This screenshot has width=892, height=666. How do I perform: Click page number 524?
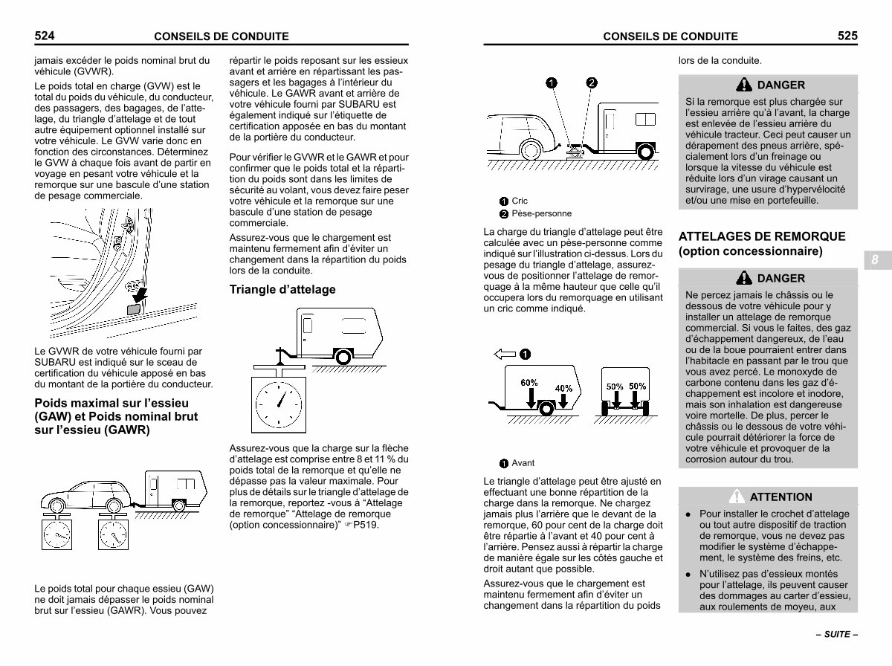(x=45, y=36)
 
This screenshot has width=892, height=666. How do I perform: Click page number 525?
(x=847, y=36)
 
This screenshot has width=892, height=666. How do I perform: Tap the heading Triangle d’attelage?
(x=282, y=289)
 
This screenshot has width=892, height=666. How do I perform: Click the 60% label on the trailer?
(x=529, y=382)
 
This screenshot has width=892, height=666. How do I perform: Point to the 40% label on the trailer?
(x=563, y=389)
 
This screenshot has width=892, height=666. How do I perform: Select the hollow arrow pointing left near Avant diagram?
(x=504, y=355)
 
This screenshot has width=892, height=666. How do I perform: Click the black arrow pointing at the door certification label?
(x=140, y=294)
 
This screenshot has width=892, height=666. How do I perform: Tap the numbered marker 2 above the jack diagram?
(x=591, y=83)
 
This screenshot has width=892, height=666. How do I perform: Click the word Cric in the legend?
(x=520, y=201)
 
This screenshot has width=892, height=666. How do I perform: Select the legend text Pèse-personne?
(x=541, y=213)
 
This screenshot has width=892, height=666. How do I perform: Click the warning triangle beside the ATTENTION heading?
(x=737, y=497)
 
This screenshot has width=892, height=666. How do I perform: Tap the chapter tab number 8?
(x=874, y=259)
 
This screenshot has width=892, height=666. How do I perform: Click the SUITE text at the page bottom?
(x=837, y=634)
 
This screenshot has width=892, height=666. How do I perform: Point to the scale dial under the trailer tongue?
(x=279, y=404)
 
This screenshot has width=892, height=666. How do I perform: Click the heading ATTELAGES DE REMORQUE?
(x=762, y=236)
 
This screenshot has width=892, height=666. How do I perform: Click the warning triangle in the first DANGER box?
(x=743, y=85)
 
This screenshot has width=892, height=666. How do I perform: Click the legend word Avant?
(x=523, y=463)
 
